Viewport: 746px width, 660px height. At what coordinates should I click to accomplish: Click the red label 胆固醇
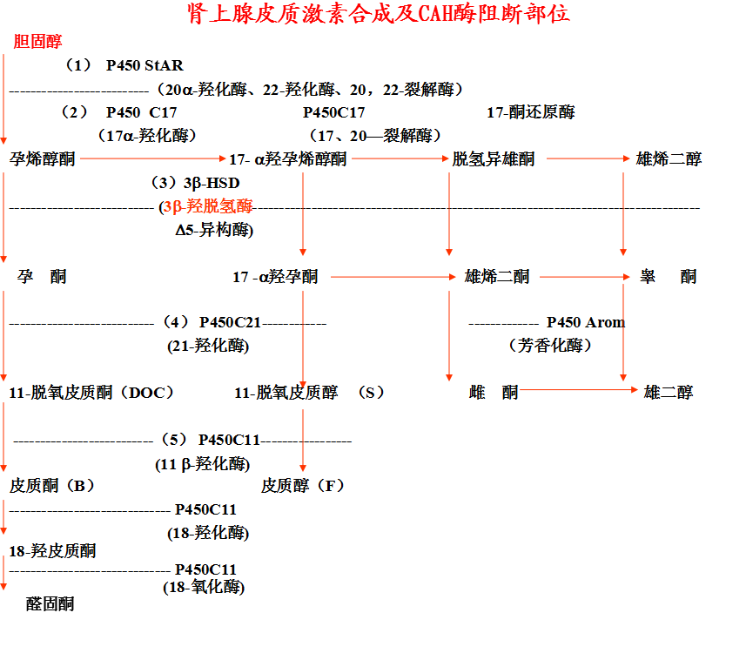point(38,41)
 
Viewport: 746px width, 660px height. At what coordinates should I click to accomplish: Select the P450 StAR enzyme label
point(144,65)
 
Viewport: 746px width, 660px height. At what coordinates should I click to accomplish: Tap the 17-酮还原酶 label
point(530,111)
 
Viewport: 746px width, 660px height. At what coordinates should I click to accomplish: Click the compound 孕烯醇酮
point(43,158)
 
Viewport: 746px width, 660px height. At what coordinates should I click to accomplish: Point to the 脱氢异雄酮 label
point(494,158)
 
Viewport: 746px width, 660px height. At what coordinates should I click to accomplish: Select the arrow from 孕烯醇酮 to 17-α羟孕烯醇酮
point(153,158)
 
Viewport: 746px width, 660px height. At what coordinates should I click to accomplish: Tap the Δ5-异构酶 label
point(214,230)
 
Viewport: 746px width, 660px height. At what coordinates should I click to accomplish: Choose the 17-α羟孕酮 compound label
point(275,277)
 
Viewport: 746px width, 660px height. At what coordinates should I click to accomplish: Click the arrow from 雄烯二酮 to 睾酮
point(583,277)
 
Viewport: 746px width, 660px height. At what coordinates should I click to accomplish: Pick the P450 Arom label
point(586,322)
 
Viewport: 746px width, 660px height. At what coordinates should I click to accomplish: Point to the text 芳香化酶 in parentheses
point(550,346)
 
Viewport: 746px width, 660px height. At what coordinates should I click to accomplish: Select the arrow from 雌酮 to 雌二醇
point(578,391)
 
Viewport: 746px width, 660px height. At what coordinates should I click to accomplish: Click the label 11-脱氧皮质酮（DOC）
point(92,393)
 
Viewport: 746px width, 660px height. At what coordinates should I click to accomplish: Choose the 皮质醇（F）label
point(303,485)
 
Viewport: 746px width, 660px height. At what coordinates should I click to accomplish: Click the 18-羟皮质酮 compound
point(52,550)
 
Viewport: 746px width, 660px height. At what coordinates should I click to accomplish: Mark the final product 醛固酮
point(50,603)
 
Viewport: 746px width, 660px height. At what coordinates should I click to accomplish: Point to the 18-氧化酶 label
point(204,587)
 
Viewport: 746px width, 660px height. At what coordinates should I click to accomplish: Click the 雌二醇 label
point(669,393)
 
